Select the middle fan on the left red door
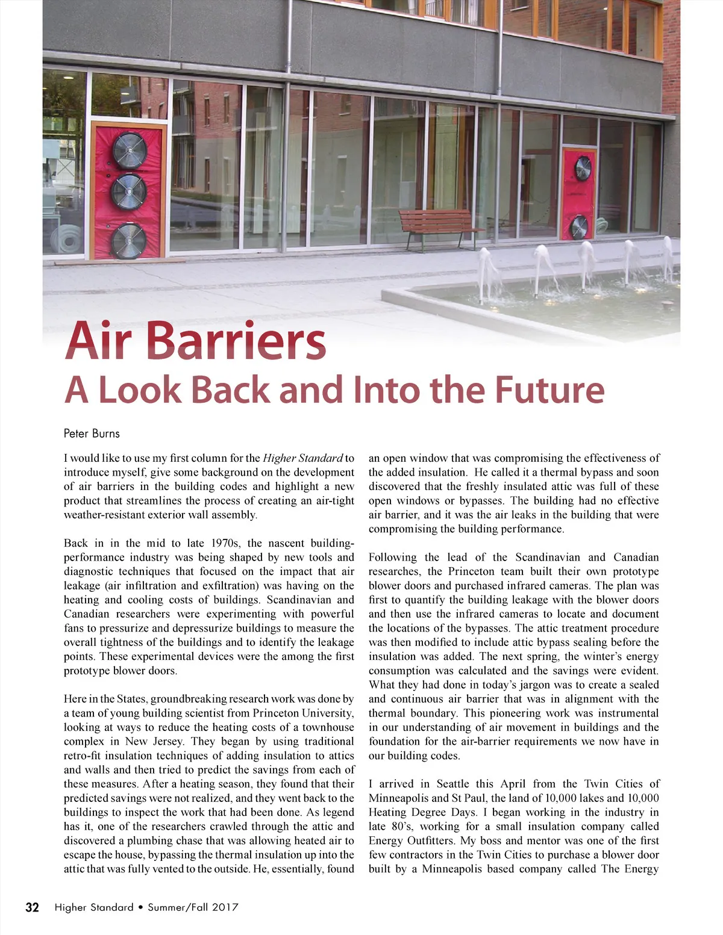[x=128, y=191]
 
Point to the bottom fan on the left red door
[x=128, y=240]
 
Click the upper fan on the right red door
[x=583, y=169]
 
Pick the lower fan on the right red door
[x=578, y=227]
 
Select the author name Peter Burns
[x=92, y=433]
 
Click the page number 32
[x=32, y=907]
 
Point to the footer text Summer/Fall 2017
[x=193, y=907]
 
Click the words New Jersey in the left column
[x=149, y=742]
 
